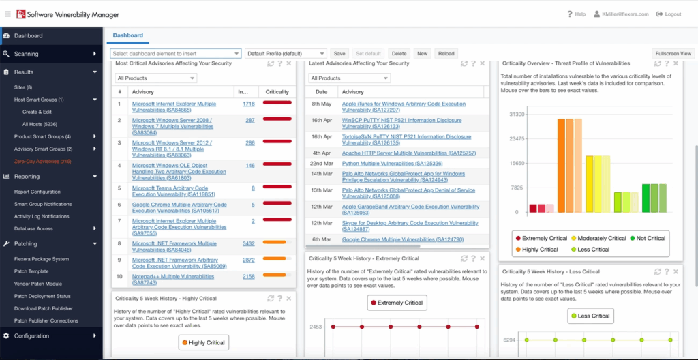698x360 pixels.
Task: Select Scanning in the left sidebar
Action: click(27, 54)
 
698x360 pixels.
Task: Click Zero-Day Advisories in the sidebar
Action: click(43, 162)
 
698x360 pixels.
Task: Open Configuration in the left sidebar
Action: click(31, 336)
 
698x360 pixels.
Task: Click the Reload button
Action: click(446, 53)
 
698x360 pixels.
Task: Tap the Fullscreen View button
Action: click(673, 53)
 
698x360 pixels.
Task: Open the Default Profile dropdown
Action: click(286, 53)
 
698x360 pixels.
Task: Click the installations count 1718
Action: click(248, 104)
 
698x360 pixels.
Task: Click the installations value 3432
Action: click(248, 243)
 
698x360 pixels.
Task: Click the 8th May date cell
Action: click(321, 104)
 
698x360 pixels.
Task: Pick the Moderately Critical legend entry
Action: click(594, 239)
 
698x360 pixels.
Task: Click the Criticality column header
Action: click(277, 92)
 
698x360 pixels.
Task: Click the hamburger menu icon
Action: click(7, 14)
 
